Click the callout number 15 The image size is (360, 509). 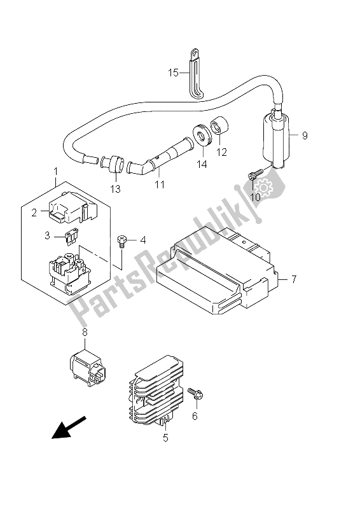click(174, 73)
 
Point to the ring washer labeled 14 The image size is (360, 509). click(202, 137)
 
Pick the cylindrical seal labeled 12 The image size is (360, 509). click(219, 125)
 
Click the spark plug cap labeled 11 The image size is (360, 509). click(160, 157)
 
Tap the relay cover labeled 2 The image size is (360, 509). click(73, 208)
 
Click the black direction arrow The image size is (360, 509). click(69, 427)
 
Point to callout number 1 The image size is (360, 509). click(55, 171)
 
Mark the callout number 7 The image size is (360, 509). click(293, 279)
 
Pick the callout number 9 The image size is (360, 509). click(305, 135)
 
